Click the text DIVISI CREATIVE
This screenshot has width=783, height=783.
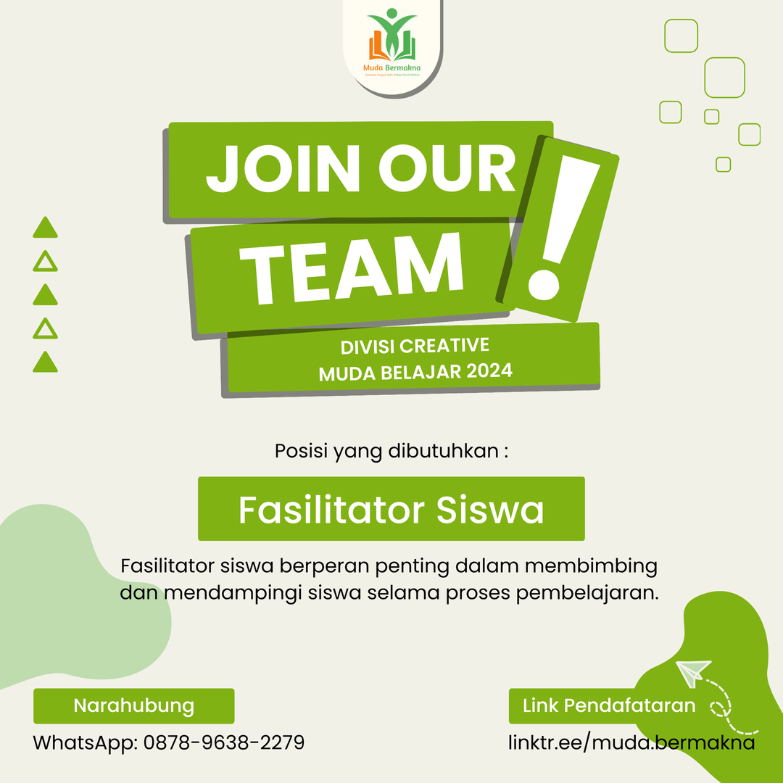415,346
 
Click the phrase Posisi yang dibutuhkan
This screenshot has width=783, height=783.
391,451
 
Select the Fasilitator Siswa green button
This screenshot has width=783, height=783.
391,510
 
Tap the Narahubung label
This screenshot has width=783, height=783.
134,705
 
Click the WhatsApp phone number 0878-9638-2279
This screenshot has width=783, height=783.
224,742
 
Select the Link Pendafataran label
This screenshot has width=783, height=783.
609,705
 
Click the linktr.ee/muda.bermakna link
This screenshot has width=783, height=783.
631,742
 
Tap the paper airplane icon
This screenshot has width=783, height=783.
692,671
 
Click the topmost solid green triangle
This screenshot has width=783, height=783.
45,228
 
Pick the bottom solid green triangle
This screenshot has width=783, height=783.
45,362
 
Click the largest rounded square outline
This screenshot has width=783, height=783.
724,78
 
